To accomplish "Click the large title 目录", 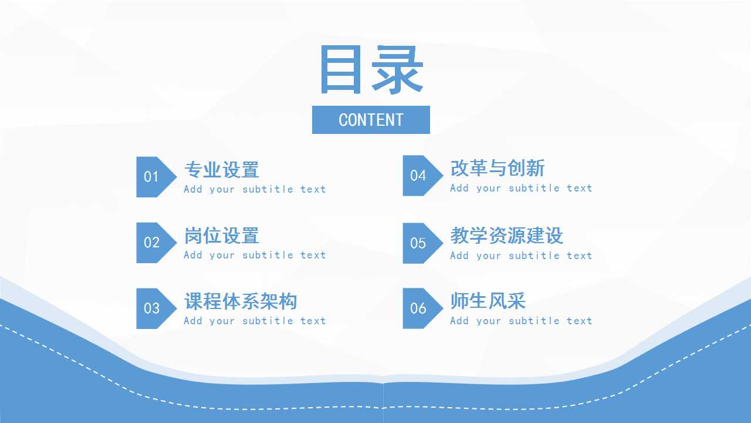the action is point(371,69).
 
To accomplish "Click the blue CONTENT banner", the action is point(371,120).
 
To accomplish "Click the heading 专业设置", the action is point(222,170).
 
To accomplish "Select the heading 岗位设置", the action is point(222,236).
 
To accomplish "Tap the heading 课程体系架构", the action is point(241,301).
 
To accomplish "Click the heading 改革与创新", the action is point(498,168).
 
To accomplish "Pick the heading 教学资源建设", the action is point(506,236).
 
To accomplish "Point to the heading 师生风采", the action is point(488,301).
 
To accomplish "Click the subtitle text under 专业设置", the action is point(255,189).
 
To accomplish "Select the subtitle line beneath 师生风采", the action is point(522,321).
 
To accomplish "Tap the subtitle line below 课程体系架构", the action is point(255,321).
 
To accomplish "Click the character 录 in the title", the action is point(398,69).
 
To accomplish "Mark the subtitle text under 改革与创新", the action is point(522,188).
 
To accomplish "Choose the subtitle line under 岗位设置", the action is point(255,255).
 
